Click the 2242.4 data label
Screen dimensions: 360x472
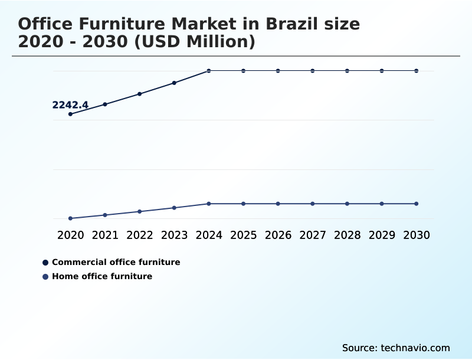coord(70,105)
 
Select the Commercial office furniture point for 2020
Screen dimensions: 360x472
coord(70,114)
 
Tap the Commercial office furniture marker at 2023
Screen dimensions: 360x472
coord(174,83)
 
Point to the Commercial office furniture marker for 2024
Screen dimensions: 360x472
coord(209,71)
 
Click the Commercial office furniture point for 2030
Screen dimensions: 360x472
coord(417,71)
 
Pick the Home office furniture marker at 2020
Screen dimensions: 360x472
coord(70,218)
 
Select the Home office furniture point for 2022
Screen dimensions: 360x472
coord(140,211)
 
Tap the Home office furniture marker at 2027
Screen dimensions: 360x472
coord(313,204)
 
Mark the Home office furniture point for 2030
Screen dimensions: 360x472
coord(417,204)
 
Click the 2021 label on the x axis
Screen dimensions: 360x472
coord(105,235)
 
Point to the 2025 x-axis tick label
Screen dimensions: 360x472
coord(244,235)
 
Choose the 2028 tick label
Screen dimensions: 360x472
coord(348,235)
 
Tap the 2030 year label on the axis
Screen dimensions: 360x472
coord(417,235)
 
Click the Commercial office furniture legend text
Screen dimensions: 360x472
coord(116,262)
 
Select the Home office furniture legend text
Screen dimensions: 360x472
coord(102,276)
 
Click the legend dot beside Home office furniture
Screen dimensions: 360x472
coord(45,276)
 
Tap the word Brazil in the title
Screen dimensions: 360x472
coord(291,24)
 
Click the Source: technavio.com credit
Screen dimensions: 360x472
coord(396,348)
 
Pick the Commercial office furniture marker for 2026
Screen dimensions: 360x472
coord(278,71)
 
